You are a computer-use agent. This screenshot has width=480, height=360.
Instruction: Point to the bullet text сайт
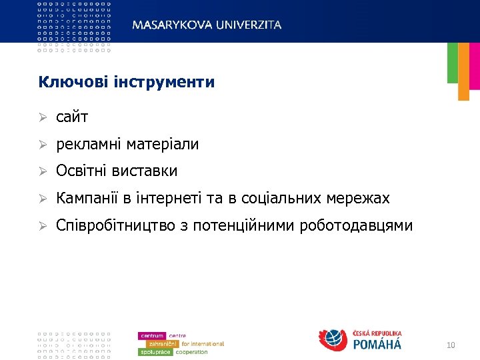(x=72, y=117)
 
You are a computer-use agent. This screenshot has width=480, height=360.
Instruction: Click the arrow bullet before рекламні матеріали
(x=42, y=145)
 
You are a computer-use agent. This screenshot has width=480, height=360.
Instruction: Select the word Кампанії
(x=87, y=199)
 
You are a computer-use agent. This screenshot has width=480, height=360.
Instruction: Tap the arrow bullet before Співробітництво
(x=42, y=227)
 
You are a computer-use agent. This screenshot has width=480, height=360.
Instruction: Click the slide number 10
(x=451, y=345)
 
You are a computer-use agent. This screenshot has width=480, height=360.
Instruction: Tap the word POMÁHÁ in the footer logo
(x=377, y=345)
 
